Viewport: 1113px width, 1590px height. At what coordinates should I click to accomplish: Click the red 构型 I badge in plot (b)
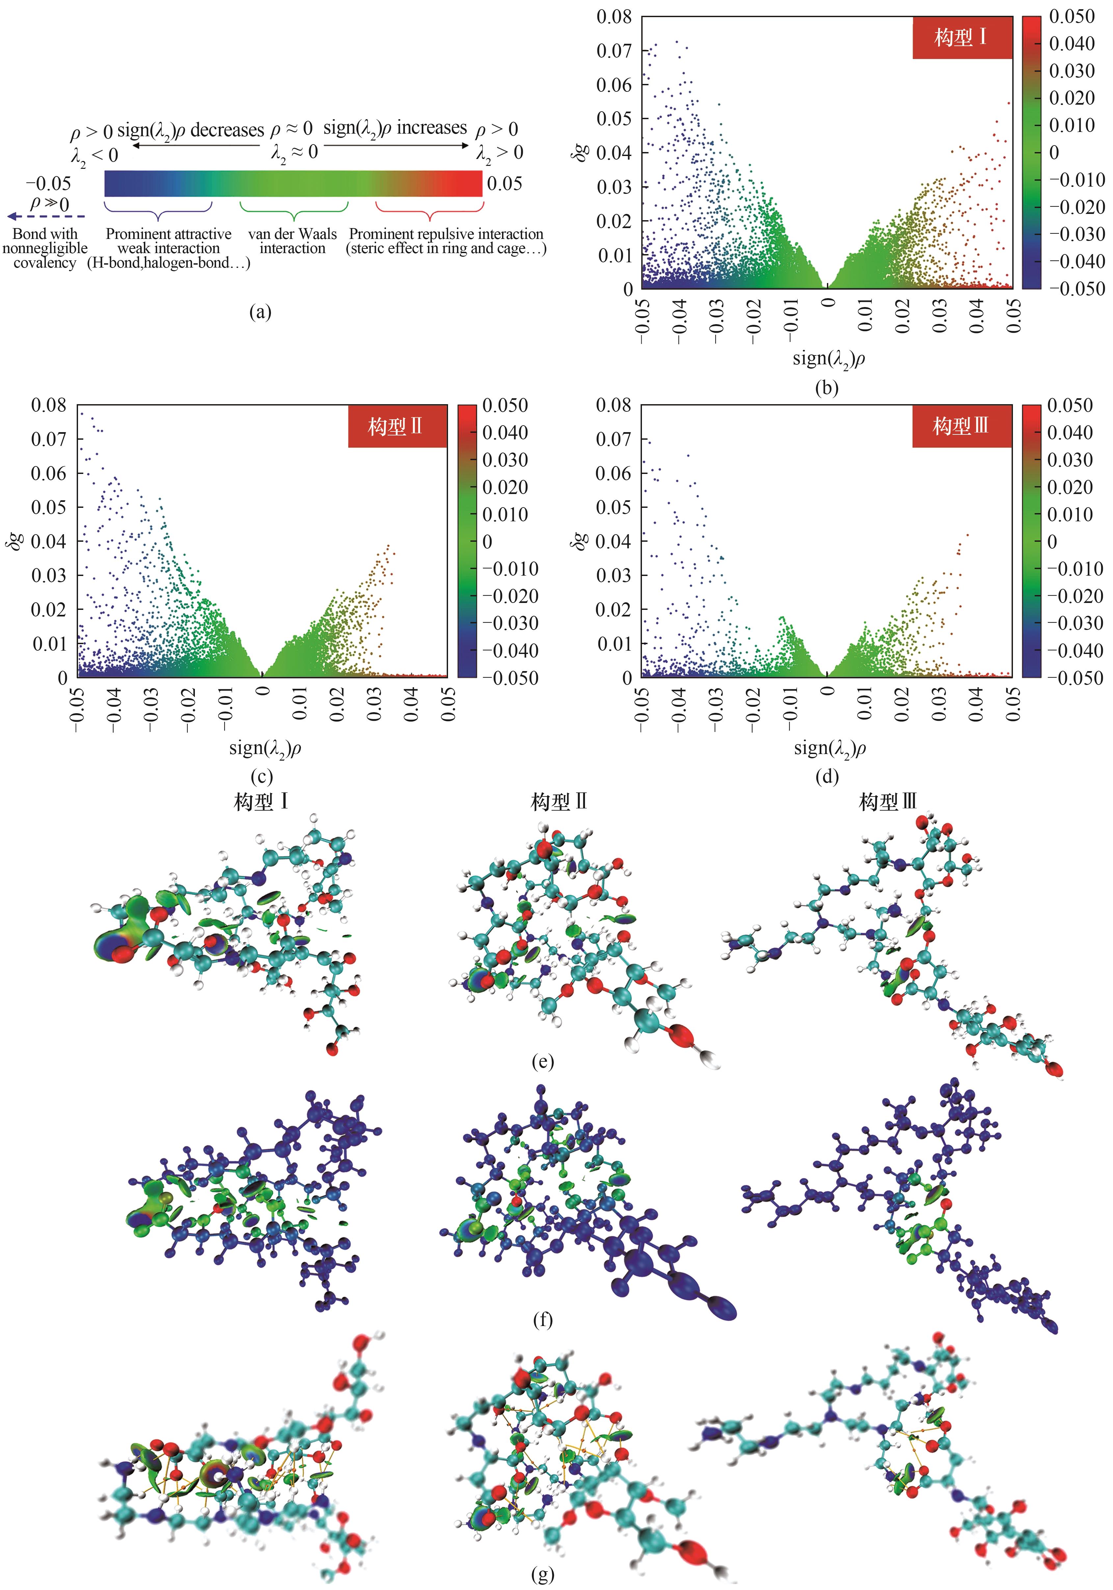pyautogui.click(x=961, y=38)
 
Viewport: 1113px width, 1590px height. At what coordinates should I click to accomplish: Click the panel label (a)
pyautogui.click(x=260, y=312)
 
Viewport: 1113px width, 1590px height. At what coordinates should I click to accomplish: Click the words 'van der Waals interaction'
pyautogui.click(x=292, y=241)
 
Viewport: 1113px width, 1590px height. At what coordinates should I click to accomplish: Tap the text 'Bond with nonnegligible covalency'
pyautogui.click(x=45, y=248)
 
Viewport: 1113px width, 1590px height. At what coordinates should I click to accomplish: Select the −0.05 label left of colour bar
pyautogui.click(x=48, y=184)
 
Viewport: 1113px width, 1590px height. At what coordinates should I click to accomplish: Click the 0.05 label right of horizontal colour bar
pyautogui.click(x=504, y=184)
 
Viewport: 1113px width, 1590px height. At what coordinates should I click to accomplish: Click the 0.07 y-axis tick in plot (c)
pyautogui.click(x=48, y=439)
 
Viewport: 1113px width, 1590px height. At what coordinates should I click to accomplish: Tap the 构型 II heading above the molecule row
pyautogui.click(x=559, y=802)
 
